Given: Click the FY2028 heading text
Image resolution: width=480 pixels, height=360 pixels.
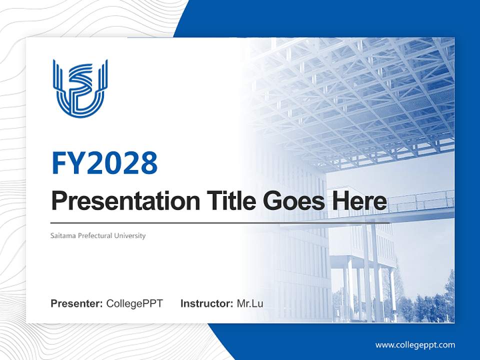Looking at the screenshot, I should click(104, 162).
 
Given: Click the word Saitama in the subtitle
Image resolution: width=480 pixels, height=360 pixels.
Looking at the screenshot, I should click(63, 235).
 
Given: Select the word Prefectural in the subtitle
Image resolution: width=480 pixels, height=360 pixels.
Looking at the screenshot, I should click(97, 235).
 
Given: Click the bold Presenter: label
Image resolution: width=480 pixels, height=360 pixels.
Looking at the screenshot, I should click(77, 303).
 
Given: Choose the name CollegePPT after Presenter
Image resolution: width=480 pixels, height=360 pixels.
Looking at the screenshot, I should click(134, 303).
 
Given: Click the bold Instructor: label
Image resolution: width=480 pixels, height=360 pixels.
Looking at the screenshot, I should click(206, 303).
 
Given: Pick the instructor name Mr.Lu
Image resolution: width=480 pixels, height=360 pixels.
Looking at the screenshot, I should click(250, 303).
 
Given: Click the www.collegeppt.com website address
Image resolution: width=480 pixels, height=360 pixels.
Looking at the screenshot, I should click(415, 345).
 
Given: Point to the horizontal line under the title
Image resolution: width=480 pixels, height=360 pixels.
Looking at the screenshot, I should click(220, 222).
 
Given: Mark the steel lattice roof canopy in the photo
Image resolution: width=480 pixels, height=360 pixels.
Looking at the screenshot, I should click(360, 95).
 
